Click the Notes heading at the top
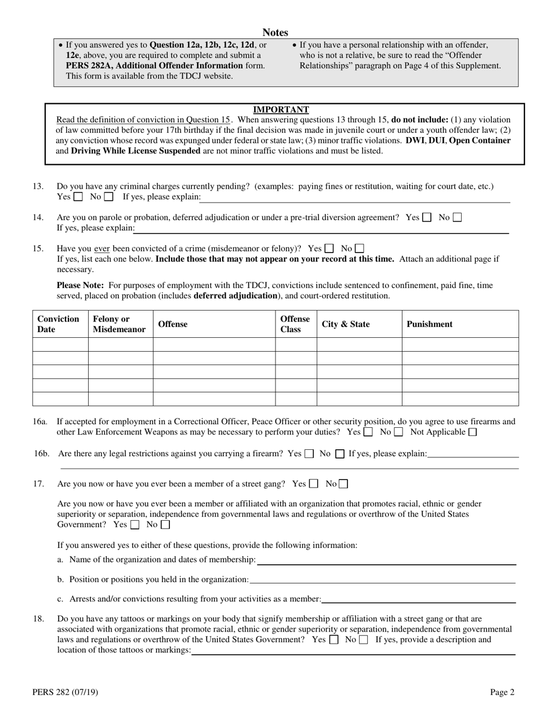click(275, 33)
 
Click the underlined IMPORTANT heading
click(281, 110)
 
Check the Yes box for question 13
click(78, 197)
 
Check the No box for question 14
click(457, 218)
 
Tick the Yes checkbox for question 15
click(329, 248)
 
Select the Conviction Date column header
click(58, 324)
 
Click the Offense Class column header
click(295, 324)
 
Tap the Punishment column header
click(429, 324)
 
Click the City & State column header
click(346, 324)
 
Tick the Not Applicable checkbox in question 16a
click(472, 432)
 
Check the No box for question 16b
click(340, 454)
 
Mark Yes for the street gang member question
click(314, 484)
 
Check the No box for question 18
click(364, 640)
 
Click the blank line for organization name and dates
click(386, 560)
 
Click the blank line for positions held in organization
click(382, 580)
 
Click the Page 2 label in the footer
click(502, 692)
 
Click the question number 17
click(38, 484)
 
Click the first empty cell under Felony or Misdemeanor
click(120, 344)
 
